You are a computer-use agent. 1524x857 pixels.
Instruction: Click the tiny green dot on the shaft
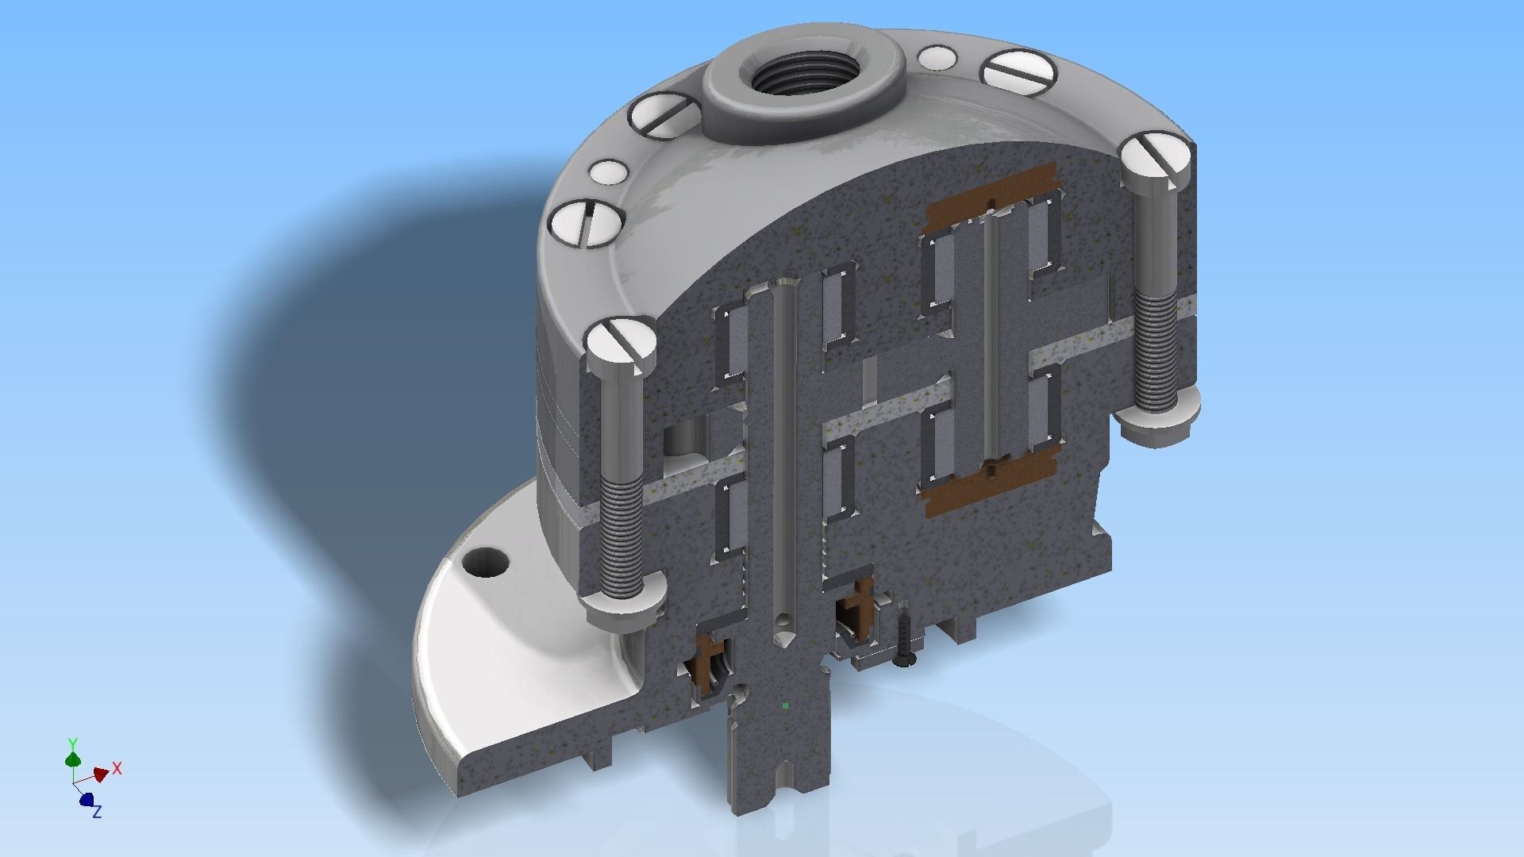pos(785,704)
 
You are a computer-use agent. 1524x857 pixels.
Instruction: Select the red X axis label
pos(117,768)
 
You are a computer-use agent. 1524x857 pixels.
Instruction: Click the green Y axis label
pos(72,744)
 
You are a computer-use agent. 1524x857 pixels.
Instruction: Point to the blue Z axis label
pos(97,812)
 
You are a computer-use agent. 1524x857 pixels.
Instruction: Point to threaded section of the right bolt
pos(1155,349)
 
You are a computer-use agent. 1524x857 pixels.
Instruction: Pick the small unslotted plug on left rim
pos(610,171)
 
